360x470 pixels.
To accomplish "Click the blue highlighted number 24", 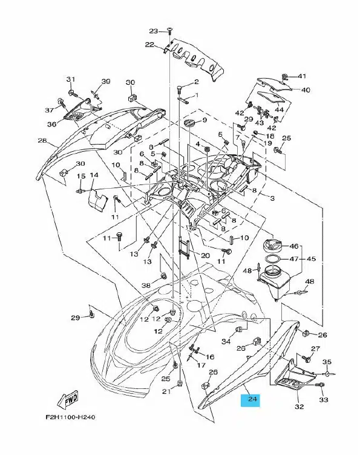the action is [251, 399].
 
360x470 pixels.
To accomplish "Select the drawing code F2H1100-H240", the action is [71, 417].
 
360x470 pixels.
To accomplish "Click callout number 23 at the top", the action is [154, 31].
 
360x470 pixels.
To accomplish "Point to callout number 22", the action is [149, 45].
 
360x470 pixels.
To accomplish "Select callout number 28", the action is [43, 140].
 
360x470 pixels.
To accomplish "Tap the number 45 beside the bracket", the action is [311, 258].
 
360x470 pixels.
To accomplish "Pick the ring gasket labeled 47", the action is [273, 259].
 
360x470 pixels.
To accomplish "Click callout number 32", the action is [299, 406].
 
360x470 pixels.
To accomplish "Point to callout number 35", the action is [327, 362].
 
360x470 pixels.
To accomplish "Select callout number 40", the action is [306, 90].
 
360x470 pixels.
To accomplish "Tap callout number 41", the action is [301, 76].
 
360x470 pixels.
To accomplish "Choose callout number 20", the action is [205, 256].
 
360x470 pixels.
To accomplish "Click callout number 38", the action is [146, 286].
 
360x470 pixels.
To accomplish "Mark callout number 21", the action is [166, 391].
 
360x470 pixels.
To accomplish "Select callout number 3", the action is [272, 198].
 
